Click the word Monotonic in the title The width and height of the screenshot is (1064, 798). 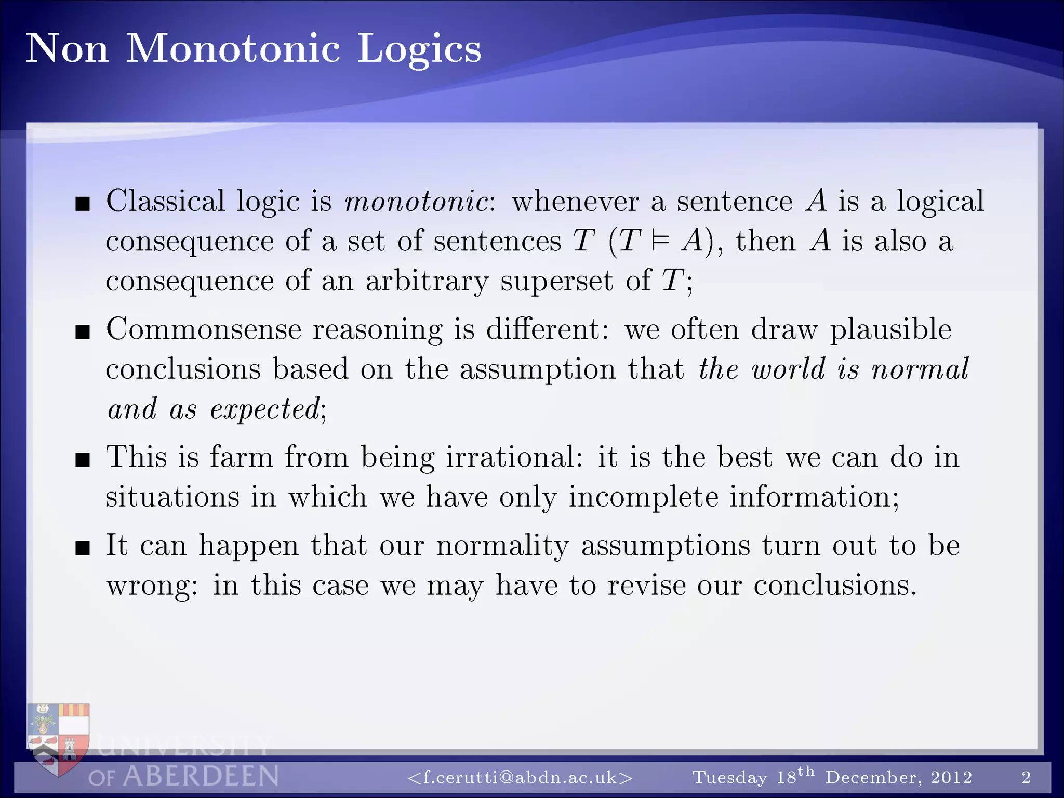(x=233, y=48)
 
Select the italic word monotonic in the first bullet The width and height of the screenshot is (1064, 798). (x=416, y=202)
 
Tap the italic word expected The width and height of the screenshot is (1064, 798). (x=265, y=409)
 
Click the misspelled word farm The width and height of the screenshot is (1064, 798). (x=241, y=457)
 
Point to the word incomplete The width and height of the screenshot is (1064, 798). (x=643, y=497)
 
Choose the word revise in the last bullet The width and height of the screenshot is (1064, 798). (x=646, y=586)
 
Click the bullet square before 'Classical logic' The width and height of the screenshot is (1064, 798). (x=83, y=204)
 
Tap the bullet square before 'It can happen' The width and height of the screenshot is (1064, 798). (x=83, y=548)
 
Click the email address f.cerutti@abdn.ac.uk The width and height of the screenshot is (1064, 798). (x=520, y=777)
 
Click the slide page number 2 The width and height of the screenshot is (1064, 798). (x=1026, y=777)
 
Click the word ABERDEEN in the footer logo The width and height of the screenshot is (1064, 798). (x=201, y=777)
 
